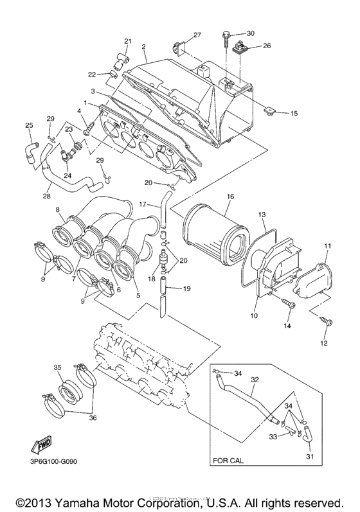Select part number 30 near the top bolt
coord(251,33)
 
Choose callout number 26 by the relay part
coord(267,46)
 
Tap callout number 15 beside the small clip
coord(294,114)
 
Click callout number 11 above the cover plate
coord(327,246)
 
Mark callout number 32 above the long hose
coord(255,380)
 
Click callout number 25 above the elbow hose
coord(28,125)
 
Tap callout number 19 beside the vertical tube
coord(187,289)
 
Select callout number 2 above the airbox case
coord(144,47)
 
